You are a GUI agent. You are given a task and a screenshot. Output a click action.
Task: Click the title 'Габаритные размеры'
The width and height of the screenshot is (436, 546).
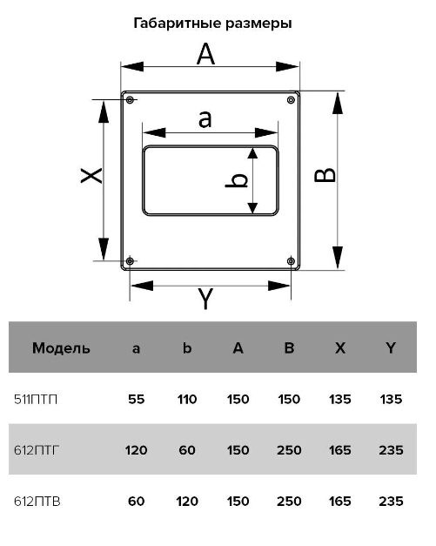click(212, 24)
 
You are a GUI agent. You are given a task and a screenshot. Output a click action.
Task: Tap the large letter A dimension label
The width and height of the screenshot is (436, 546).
click(205, 54)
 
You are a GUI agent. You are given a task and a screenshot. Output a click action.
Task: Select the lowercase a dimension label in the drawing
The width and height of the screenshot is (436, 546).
click(205, 118)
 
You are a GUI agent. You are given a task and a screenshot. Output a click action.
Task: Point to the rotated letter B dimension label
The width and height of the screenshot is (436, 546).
click(325, 175)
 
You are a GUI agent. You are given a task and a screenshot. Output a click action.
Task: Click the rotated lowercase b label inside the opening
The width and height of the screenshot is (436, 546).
click(237, 180)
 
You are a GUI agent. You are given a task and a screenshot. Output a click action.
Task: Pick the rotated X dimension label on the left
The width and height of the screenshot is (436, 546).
click(91, 176)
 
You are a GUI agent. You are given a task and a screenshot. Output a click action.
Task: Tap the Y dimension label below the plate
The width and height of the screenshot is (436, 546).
click(205, 299)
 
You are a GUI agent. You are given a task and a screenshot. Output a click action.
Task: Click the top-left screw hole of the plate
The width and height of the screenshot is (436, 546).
click(130, 100)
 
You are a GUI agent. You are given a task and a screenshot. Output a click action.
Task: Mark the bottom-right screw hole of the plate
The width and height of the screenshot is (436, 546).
click(291, 261)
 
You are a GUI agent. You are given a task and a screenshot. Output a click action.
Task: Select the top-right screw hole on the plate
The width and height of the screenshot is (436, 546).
click(291, 100)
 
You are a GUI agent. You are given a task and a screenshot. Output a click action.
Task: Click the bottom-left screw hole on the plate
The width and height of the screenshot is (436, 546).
click(130, 261)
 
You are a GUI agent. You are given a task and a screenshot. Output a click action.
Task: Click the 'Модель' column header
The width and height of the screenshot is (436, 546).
click(61, 348)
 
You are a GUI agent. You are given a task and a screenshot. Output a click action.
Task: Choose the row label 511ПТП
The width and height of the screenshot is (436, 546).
click(36, 399)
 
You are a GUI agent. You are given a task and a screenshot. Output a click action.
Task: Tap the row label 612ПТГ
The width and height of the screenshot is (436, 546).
click(37, 450)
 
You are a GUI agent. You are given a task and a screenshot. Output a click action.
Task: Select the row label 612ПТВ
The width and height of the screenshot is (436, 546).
click(37, 502)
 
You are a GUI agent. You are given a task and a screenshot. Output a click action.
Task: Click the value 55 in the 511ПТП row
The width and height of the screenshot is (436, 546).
click(136, 399)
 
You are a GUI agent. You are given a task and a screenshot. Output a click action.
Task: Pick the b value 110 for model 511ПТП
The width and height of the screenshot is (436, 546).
click(187, 399)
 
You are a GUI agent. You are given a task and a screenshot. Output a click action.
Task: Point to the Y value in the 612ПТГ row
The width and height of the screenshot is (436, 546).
click(391, 450)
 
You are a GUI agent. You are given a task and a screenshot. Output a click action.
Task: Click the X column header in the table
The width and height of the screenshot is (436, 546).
click(340, 348)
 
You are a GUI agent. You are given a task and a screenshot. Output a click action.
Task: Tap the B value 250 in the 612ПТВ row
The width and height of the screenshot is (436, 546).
click(289, 502)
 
